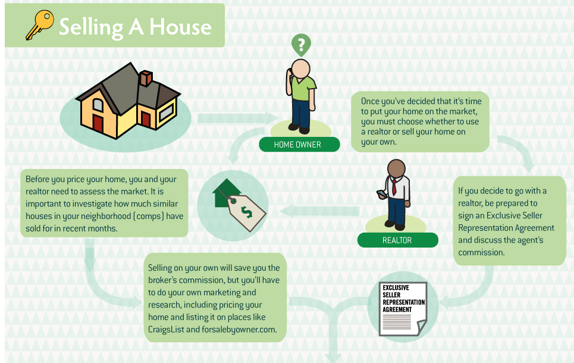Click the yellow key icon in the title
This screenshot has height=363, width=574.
39,24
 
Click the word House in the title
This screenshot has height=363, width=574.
180,27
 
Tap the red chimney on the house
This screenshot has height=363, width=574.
146,78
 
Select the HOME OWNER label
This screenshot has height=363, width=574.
297,145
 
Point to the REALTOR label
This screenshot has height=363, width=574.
397,240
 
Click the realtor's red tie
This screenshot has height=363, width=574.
394,186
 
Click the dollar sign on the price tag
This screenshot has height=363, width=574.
246,212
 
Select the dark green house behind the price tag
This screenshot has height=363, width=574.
225,193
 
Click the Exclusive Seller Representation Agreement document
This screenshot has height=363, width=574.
403,309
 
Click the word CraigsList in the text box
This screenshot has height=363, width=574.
166,329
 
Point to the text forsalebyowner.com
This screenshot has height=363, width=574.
239,329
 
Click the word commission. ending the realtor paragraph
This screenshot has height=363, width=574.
481,252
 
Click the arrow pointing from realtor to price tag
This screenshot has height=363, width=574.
319,211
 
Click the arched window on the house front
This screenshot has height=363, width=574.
98,105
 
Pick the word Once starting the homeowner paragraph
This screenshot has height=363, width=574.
370,101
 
